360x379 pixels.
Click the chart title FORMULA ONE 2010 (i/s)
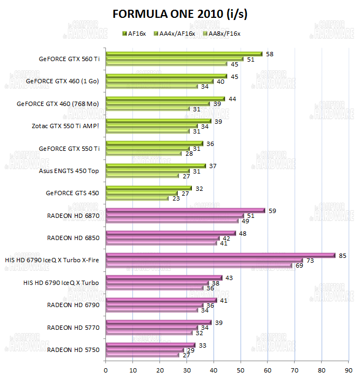pyautogui.click(x=181, y=14)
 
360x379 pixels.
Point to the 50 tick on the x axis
pyautogui.click(x=241, y=370)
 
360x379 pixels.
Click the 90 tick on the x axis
pyautogui.click(x=349, y=370)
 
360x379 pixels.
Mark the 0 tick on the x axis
pyautogui.click(x=105, y=370)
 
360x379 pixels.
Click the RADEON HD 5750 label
pyautogui.click(x=74, y=349)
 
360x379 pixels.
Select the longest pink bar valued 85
pyautogui.click(x=220, y=255)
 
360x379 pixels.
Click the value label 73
pyautogui.click(x=309, y=261)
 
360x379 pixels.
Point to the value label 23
pyautogui.click(x=176, y=198)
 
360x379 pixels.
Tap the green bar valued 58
pyautogui.click(x=184, y=54)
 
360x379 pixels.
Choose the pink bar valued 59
pyautogui.click(x=185, y=210)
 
